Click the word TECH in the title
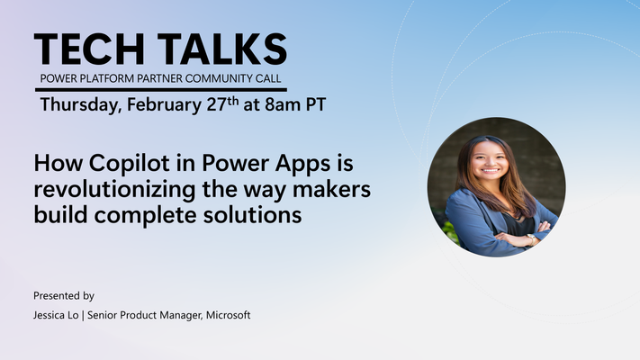point(89,49)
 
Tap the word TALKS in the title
point(222,49)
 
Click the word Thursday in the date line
point(81,105)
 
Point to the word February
point(164,105)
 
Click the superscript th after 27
point(233,101)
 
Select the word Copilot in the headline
point(130,164)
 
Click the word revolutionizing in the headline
point(114,190)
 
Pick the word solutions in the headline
point(253,215)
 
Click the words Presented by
point(64,296)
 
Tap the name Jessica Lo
point(56,315)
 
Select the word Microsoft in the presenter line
point(228,315)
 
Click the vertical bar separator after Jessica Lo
point(84,316)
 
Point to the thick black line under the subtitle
point(161,89)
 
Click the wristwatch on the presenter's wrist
point(530,238)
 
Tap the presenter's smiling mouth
point(491,170)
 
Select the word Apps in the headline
point(302,164)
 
